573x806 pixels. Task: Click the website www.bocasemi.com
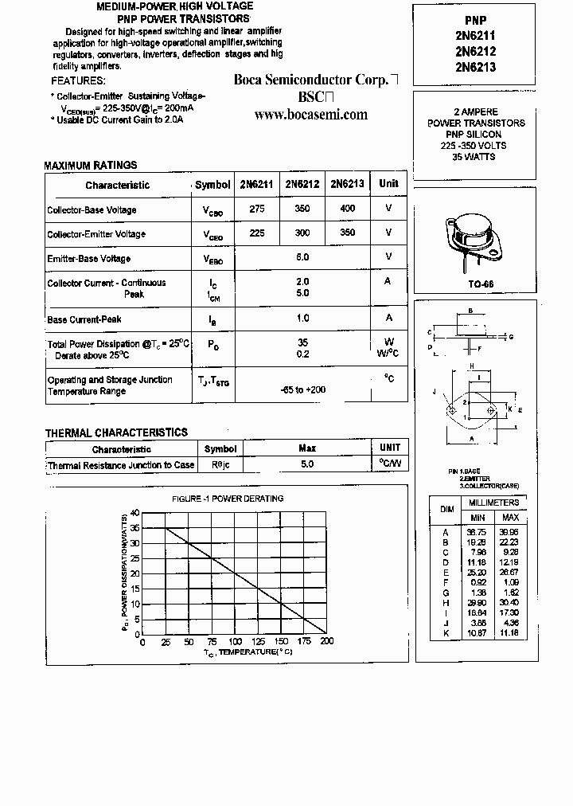(311, 115)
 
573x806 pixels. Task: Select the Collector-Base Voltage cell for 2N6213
(348, 209)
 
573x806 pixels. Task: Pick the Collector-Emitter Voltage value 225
(257, 233)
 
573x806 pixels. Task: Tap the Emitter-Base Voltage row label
(88, 259)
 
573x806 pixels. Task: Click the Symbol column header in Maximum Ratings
(212, 185)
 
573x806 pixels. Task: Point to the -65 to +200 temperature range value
(303, 389)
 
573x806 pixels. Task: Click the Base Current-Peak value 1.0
(302, 318)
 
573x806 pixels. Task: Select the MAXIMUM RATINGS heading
(90, 166)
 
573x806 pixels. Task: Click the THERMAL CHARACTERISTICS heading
(116, 432)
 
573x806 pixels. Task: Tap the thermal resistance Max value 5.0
(307, 464)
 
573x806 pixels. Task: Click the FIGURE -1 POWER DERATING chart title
(228, 499)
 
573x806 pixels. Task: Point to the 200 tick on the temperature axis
(326, 641)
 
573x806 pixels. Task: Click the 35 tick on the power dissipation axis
(135, 528)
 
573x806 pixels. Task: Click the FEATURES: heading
(78, 80)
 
